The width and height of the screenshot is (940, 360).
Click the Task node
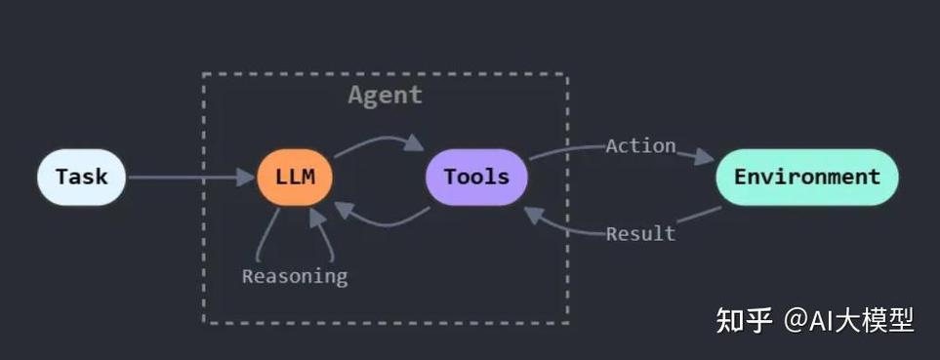tap(81, 178)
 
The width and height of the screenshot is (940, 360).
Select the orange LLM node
tap(295, 178)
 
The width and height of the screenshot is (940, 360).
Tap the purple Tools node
tap(476, 178)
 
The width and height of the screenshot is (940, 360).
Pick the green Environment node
tap(806, 178)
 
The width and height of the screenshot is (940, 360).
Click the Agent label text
tap(385, 95)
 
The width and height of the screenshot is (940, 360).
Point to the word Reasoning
tap(294, 276)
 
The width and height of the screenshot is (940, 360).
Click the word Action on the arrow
tap(640, 146)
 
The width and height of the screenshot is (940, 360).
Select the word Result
tap(640, 234)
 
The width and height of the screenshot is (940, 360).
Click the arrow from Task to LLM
tap(185, 178)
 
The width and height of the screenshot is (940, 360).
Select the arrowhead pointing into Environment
tap(705, 156)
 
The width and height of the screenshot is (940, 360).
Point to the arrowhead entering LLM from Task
tap(246, 178)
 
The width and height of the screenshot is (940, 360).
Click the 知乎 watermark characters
tap(744, 319)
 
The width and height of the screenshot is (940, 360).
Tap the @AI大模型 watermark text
tap(849, 319)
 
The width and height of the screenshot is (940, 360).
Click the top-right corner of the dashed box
tap(567, 74)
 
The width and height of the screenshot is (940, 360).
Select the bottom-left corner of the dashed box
tap(204, 322)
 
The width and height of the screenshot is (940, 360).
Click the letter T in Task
tap(61, 178)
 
